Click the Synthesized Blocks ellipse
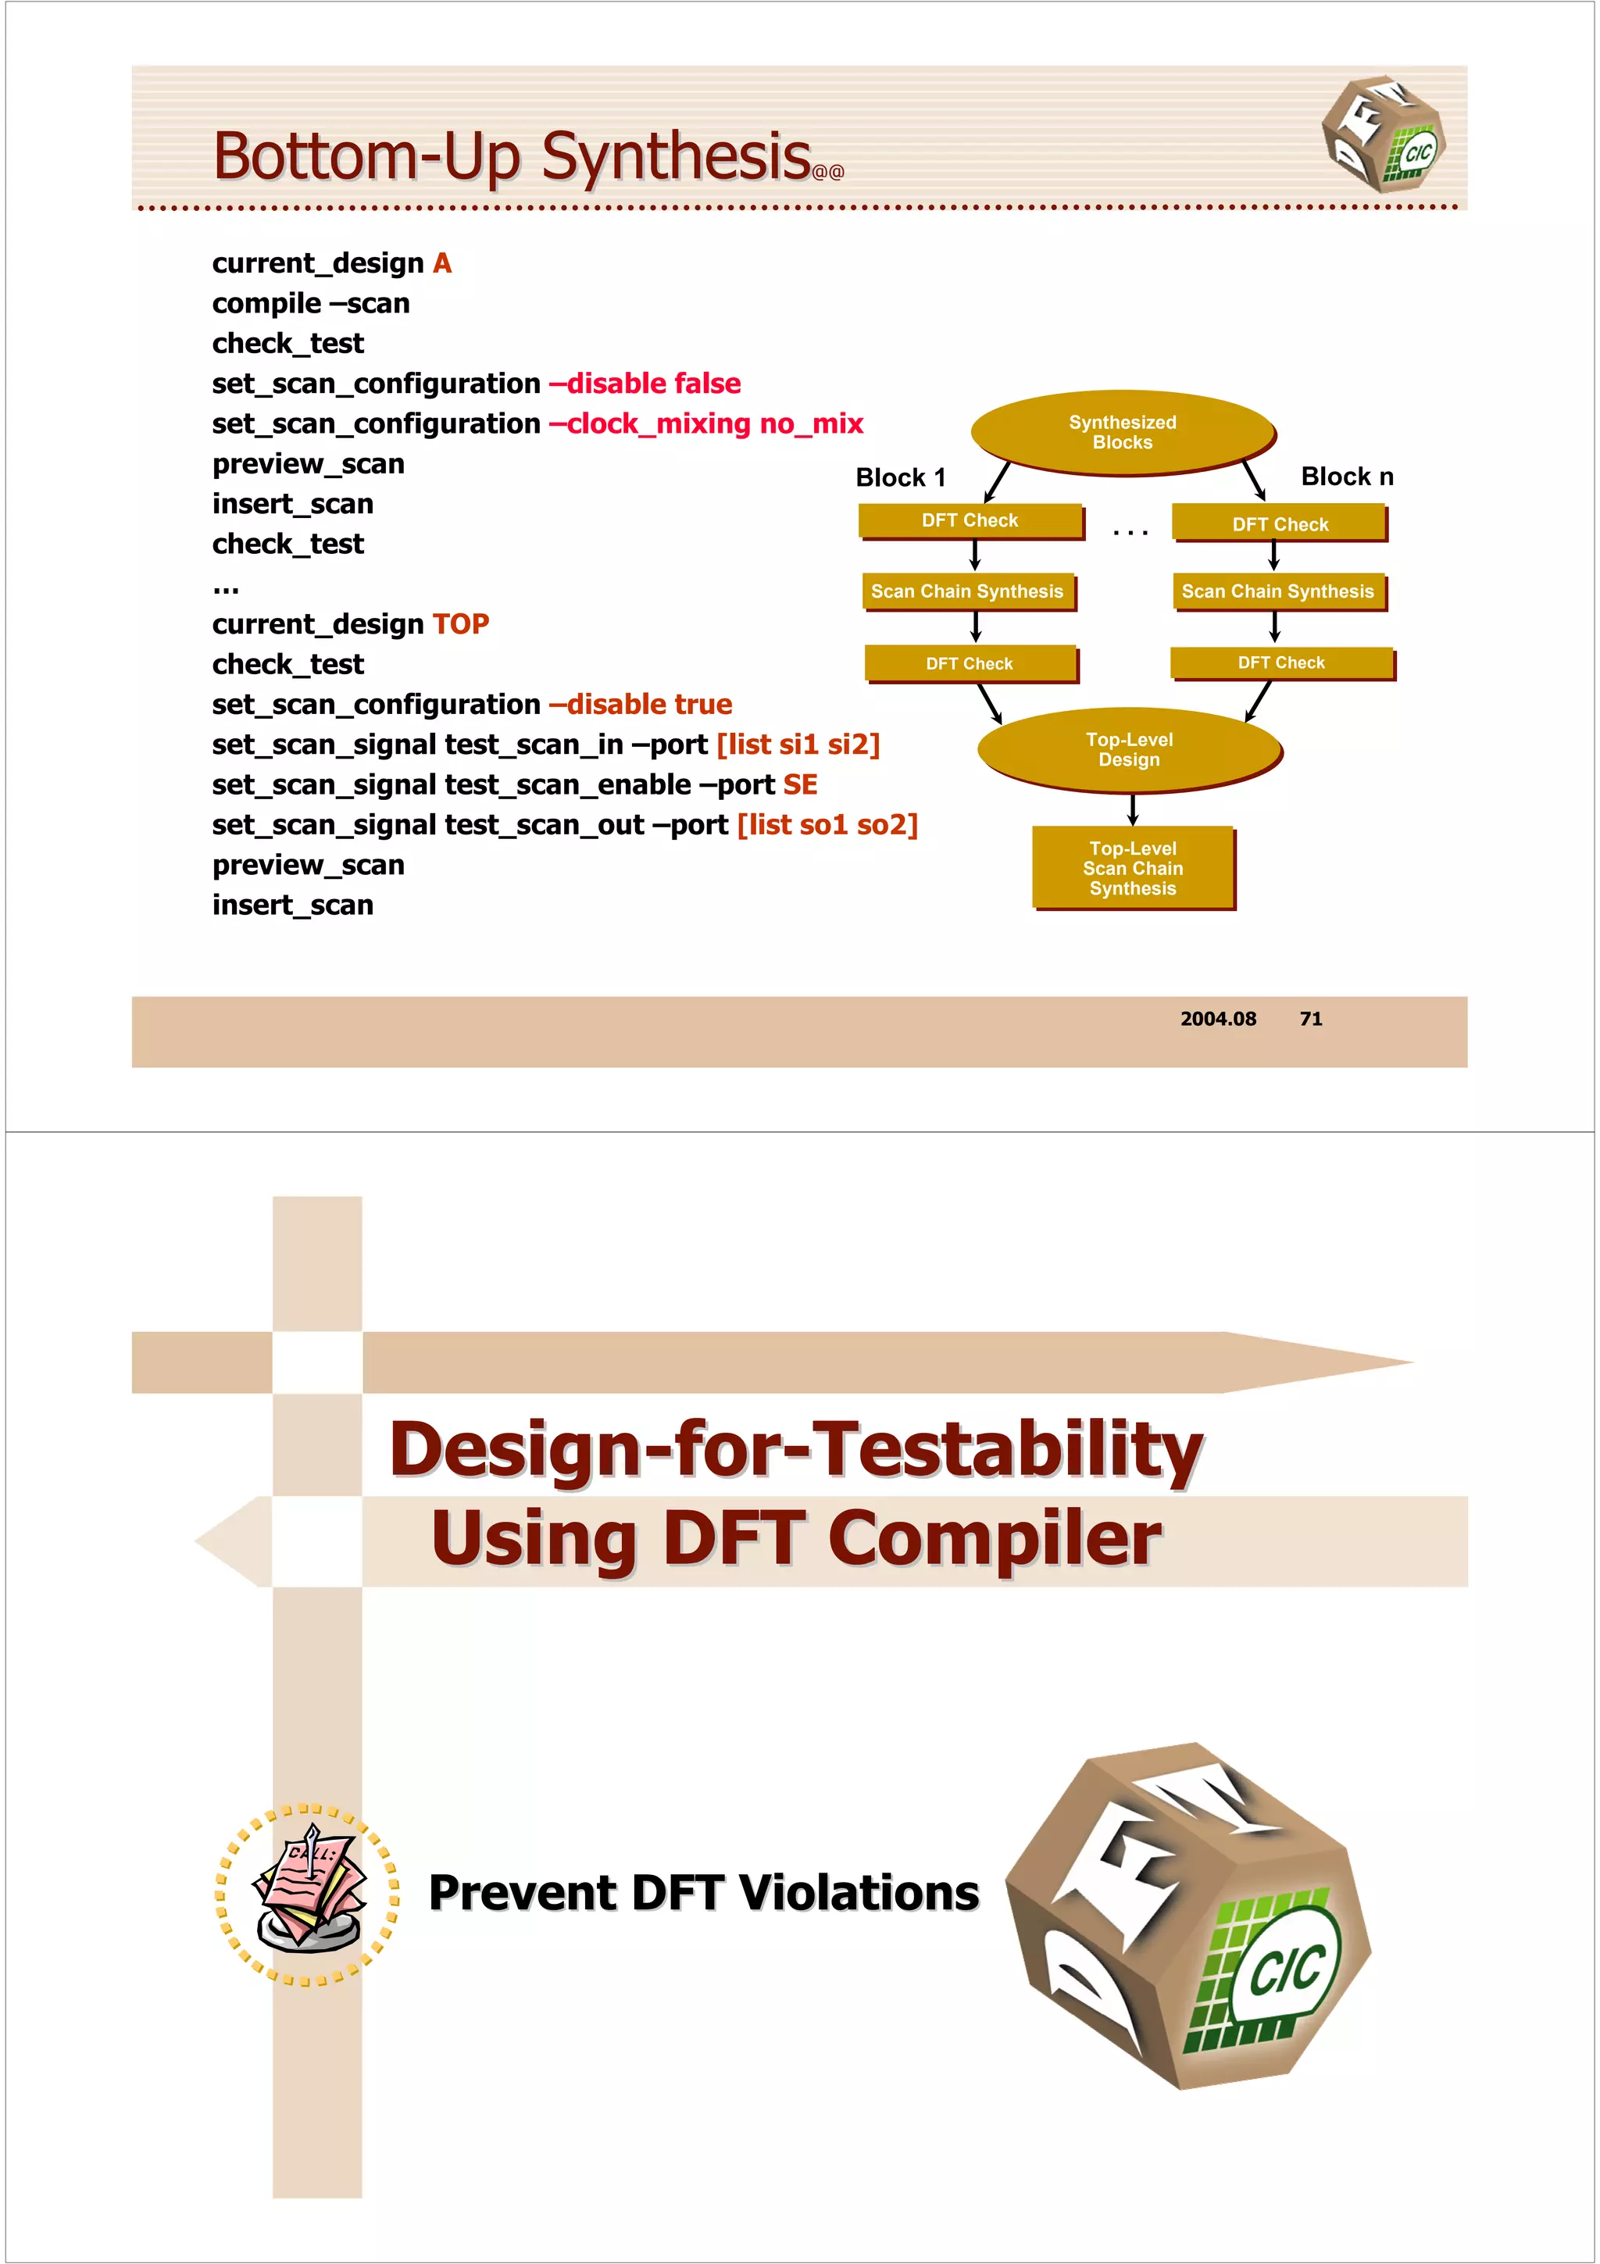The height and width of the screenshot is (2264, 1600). pyautogui.click(x=1122, y=432)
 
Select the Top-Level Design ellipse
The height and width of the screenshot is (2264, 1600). pyautogui.click(x=1129, y=749)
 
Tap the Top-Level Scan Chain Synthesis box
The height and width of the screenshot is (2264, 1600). pyautogui.click(x=1133, y=868)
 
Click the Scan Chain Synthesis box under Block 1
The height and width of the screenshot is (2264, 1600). pyautogui.click(x=967, y=591)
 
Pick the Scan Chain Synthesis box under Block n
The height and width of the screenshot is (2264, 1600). pyautogui.click(x=1277, y=591)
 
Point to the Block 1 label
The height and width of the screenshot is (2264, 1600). pyautogui.click(x=900, y=478)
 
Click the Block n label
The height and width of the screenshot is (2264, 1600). pyautogui.click(x=1347, y=477)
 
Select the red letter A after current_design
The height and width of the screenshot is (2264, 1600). pyautogui.click(x=441, y=263)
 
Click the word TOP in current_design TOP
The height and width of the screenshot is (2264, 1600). pyautogui.click(x=460, y=624)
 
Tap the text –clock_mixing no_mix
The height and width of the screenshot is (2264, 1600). pyautogui.click(x=705, y=424)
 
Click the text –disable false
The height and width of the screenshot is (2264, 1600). pyautogui.click(x=645, y=384)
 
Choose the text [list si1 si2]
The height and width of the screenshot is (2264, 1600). pyautogui.click(x=798, y=745)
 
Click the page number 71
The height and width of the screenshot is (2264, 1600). pyautogui.click(x=1310, y=1019)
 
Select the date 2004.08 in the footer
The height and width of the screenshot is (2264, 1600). pyautogui.click(x=1219, y=1019)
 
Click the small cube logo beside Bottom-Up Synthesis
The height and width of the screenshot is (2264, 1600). pyautogui.click(x=1384, y=133)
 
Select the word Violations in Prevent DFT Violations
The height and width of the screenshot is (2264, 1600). pyautogui.click(x=859, y=1892)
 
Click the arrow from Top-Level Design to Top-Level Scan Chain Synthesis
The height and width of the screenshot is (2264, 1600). pyautogui.click(x=1133, y=809)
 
